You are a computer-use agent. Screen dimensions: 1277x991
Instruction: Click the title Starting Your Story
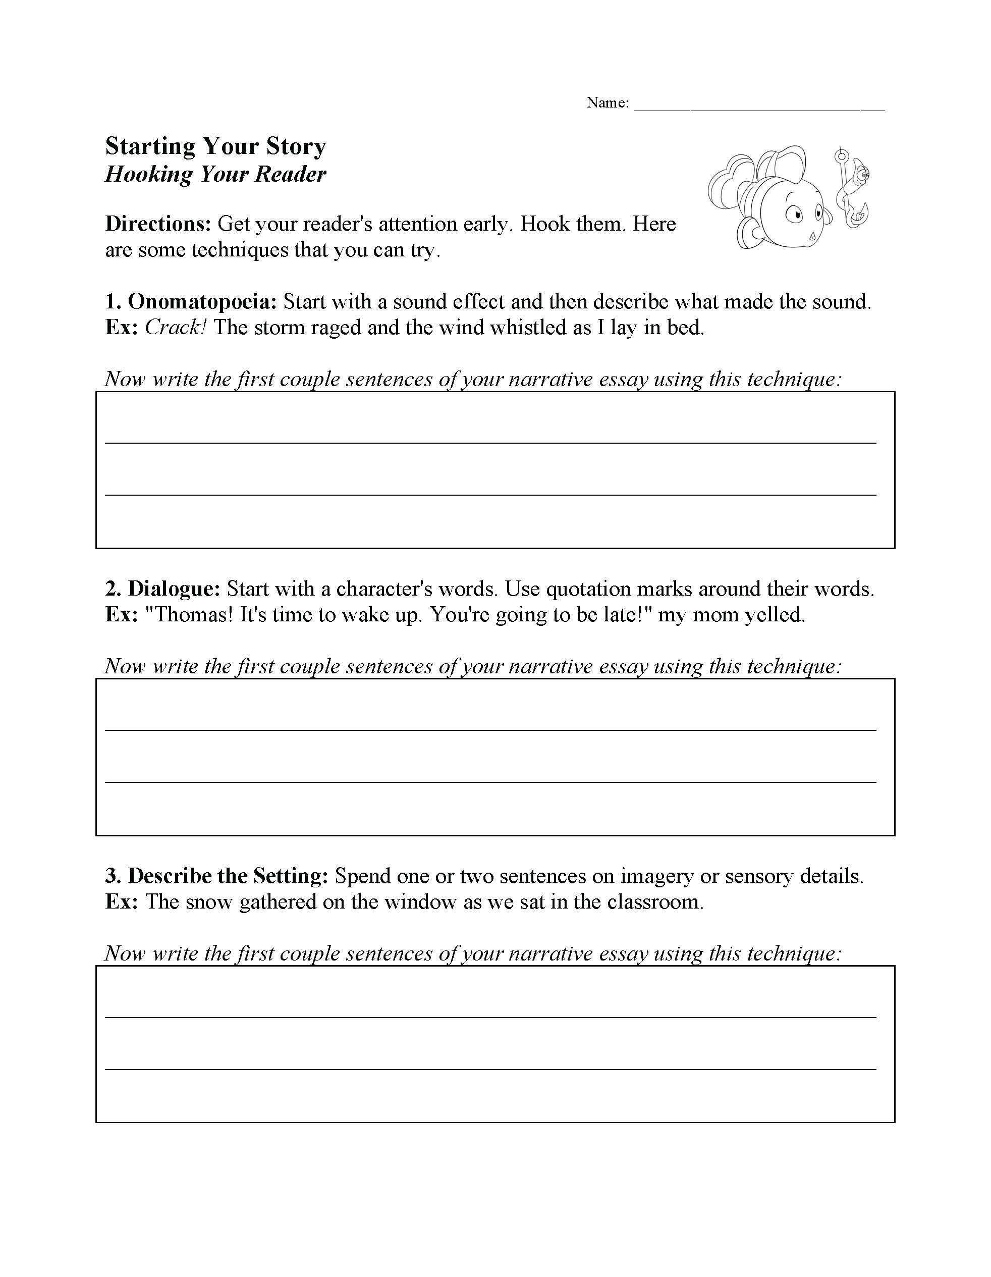pos(215,146)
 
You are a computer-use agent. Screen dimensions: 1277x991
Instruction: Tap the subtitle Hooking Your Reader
pos(215,174)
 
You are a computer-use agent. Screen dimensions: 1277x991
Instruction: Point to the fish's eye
pos(796,215)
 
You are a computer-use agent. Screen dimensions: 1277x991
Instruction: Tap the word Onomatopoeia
pos(202,302)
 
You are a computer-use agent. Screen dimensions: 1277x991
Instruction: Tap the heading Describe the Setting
pos(228,876)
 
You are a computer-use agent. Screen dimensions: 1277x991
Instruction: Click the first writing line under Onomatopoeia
pos(490,442)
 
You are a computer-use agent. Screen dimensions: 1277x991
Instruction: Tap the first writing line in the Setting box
pos(490,1017)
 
